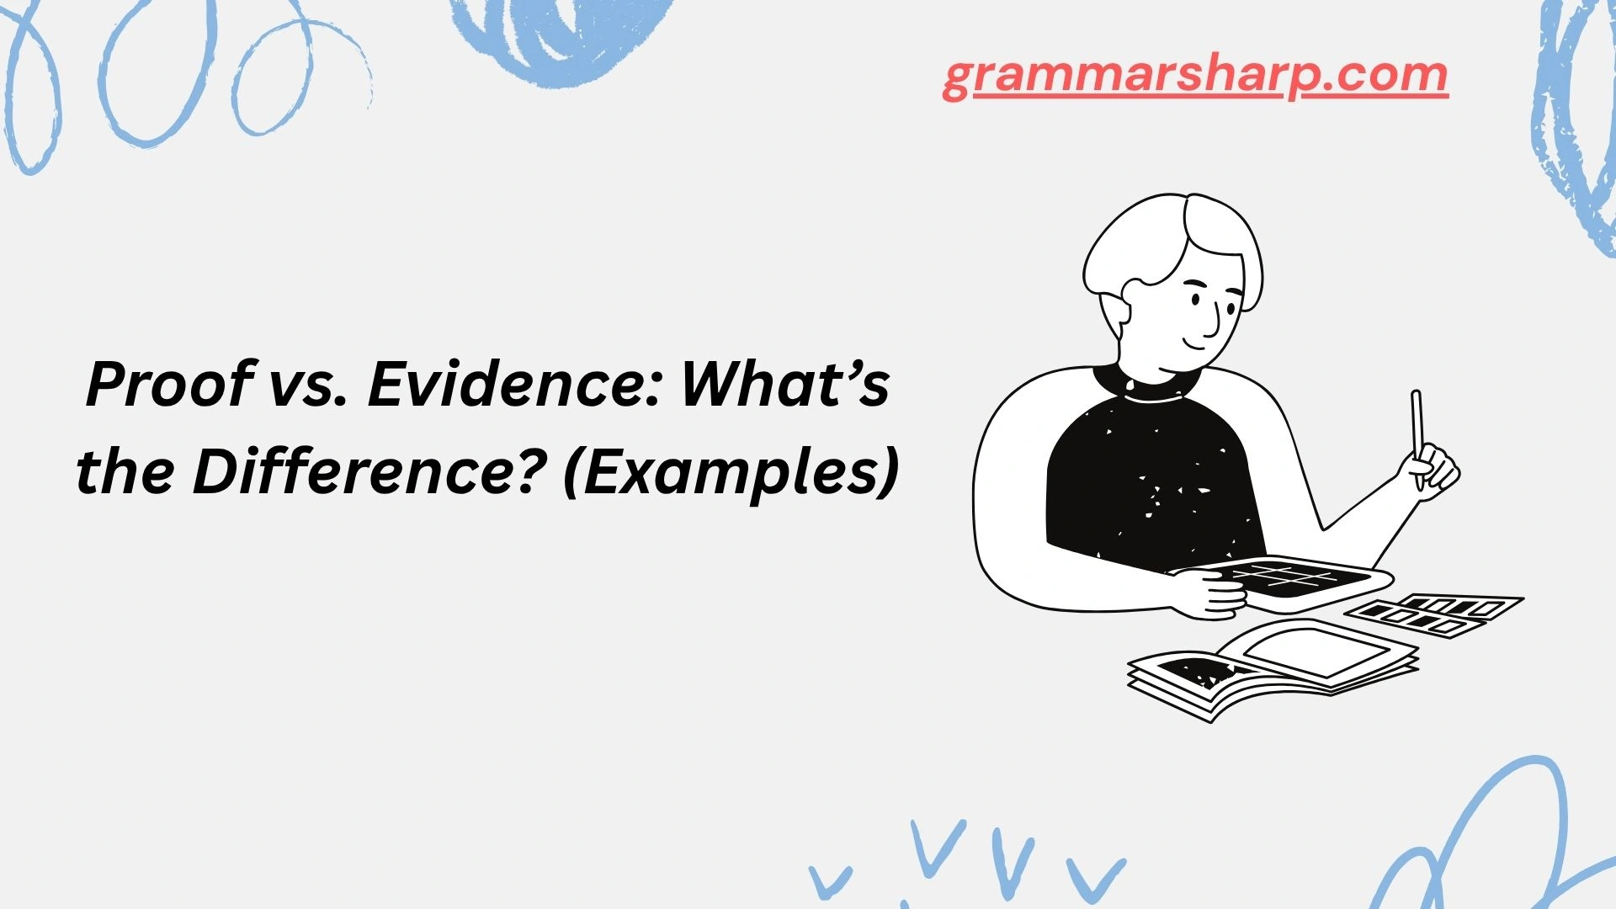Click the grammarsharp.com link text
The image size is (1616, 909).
coord(1195,77)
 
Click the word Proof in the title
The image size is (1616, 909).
coord(168,385)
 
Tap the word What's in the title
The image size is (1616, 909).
coord(784,385)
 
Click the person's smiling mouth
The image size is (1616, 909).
coord(1196,341)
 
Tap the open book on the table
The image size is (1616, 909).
coord(1271,669)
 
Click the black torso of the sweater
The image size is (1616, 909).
coord(1153,480)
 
